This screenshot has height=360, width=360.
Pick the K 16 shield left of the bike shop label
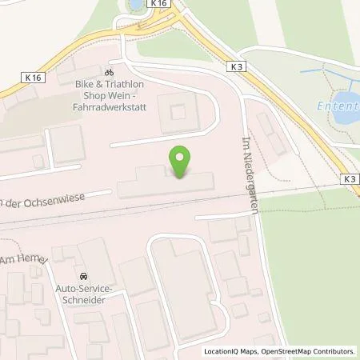click(x=30, y=76)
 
